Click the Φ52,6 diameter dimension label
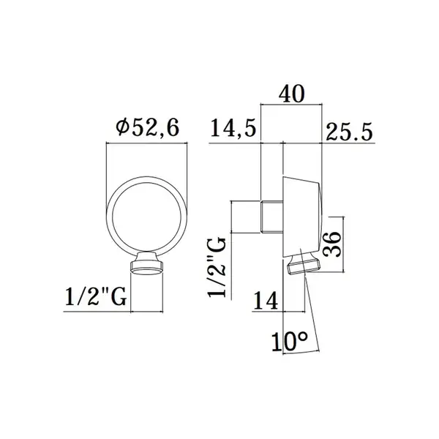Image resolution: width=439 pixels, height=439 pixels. point(148,128)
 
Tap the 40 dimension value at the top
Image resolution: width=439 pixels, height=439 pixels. point(291,94)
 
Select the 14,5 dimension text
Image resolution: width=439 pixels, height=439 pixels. point(233,128)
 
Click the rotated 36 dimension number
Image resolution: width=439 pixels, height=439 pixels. point(332,244)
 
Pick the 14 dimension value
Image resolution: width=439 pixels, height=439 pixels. point(266,300)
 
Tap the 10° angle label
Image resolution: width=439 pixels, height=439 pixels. point(290,342)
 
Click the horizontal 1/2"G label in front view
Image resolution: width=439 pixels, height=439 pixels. point(96,296)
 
